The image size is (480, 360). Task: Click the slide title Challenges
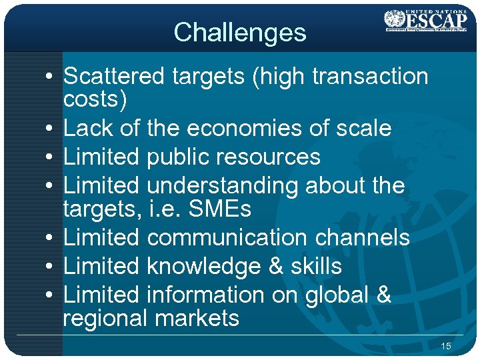[x=239, y=32]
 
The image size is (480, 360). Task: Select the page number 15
[x=446, y=346]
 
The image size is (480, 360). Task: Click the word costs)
[x=95, y=100]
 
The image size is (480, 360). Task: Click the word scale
[x=361, y=128]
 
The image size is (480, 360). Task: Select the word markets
[x=196, y=318]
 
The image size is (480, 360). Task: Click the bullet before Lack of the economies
[x=50, y=129]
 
